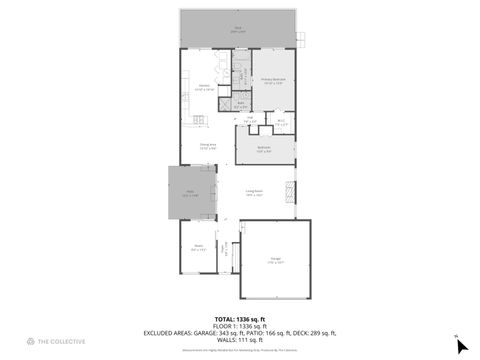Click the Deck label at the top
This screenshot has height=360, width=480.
tap(237, 30)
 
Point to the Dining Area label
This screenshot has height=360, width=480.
tap(209, 147)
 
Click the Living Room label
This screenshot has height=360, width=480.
tap(255, 194)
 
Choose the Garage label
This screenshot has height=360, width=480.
tap(275, 262)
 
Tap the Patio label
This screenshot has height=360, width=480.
tap(189, 194)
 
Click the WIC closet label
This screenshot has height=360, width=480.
tap(282, 123)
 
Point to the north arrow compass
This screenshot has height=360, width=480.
tap(461, 346)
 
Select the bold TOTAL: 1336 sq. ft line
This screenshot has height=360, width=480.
tap(239, 319)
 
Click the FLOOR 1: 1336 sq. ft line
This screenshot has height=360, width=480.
tap(239, 326)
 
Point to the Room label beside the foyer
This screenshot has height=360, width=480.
tap(198, 247)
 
